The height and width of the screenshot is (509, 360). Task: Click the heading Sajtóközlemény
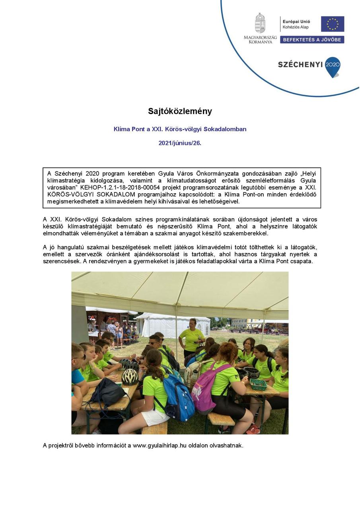180,111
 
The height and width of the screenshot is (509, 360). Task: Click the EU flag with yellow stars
332,24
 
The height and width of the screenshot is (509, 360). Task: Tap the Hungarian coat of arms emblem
260,23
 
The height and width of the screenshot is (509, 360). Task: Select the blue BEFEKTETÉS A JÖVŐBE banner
312,40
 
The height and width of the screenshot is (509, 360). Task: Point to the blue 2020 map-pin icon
333,66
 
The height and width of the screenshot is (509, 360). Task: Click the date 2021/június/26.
180,143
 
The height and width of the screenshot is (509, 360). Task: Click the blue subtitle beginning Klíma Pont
180,129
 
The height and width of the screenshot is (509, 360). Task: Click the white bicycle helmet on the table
130,376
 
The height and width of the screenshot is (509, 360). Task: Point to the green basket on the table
259,384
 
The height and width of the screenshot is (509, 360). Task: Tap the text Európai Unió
296,21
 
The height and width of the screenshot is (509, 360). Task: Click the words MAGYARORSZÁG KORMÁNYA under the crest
260,39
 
